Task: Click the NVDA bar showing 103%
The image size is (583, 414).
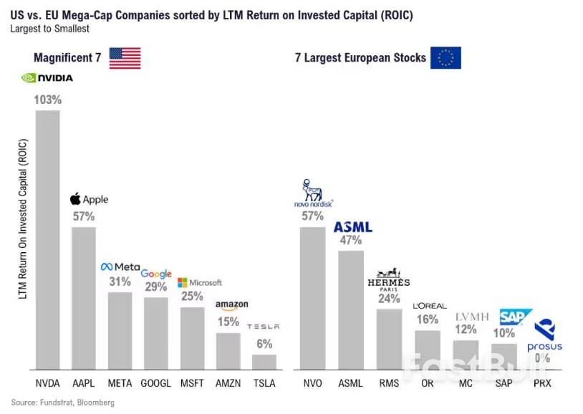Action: [x=48, y=240]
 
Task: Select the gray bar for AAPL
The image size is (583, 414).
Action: [x=83, y=298]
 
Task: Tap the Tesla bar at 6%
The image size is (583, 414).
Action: [x=264, y=362]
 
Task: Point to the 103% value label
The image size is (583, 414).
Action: [x=48, y=100]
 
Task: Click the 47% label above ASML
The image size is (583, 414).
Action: [x=350, y=241]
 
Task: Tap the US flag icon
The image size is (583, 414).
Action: [x=125, y=58]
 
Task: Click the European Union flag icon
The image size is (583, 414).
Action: [x=445, y=58]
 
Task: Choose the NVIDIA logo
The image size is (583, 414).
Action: [x=47, y=78]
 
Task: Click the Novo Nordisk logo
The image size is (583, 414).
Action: [x=313, y=194]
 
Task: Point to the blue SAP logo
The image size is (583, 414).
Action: [x=516, y=317]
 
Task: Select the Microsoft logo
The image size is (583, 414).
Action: [x=199, y=282]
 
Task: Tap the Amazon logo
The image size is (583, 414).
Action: [x=231, y=306]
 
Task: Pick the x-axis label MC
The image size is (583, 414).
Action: [x=466, y=383]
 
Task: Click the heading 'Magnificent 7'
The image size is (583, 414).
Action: [x=67, y=58]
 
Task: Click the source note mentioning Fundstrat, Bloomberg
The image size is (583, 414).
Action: [x=63, y=403]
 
